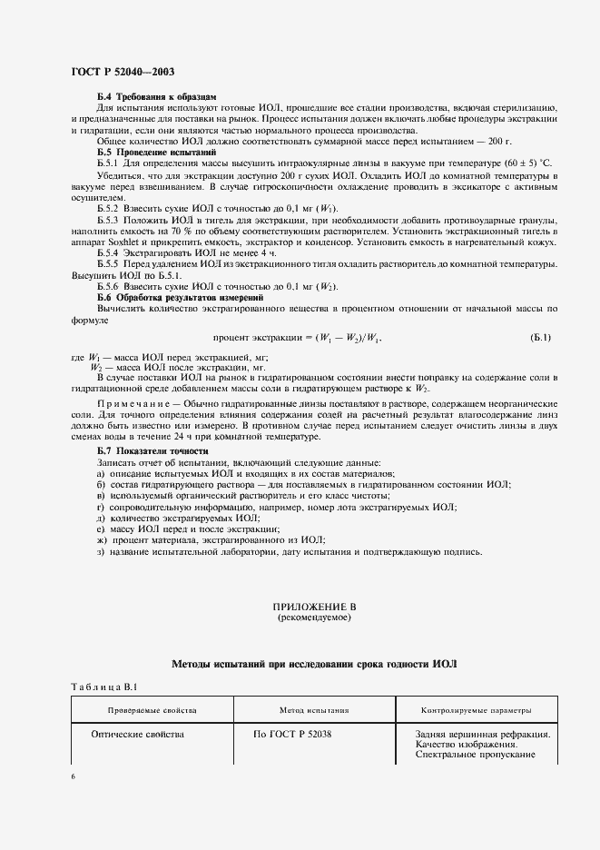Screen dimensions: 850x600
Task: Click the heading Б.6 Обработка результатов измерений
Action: (x=180, y=298)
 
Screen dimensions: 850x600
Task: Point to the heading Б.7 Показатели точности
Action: (x=152, y=451)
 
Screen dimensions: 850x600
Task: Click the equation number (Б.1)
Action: (x=540, y=338)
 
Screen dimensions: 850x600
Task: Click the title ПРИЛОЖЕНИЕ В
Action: (x=312, y=607)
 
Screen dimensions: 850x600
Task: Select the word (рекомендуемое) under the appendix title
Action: (x=312, y=618)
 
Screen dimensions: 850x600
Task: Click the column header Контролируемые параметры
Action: (x=477, y=710)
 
